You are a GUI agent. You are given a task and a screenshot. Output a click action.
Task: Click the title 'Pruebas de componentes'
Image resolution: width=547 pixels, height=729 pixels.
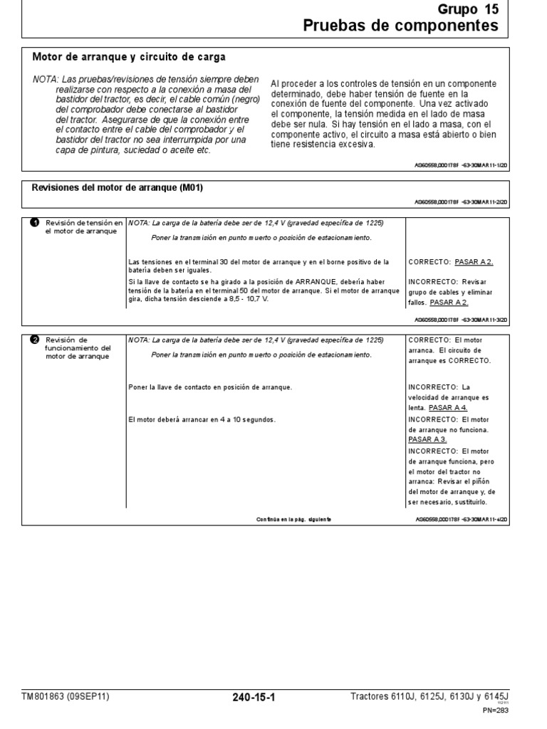[x=401, y=26]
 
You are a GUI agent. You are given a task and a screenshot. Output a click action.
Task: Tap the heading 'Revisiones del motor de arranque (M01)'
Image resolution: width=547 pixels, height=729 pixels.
[x=118, y=188]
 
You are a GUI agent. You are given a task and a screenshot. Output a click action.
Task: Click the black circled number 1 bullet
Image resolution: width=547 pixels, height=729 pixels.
[x=34, y=223]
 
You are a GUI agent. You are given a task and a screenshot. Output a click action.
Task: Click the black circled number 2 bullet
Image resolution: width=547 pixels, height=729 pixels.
[x=34, y=340]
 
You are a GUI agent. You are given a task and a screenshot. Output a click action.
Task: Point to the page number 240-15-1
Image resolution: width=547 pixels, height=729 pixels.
[x=254, y=698]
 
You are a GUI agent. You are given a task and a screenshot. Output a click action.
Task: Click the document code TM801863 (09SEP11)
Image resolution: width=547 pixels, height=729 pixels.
[x=66, y=696]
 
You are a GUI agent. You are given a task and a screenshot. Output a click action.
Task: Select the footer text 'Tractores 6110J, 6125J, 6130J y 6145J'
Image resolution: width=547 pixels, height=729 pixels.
[x=434, y=696]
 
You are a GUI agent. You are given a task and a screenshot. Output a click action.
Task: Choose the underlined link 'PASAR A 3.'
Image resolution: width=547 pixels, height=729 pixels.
[x=428, y=440]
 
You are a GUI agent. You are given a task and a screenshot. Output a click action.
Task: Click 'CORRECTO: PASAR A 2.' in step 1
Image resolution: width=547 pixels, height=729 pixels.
[x=451, y=262]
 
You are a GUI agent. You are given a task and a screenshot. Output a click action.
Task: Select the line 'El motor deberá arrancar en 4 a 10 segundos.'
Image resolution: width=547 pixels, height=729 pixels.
[x=202, y=419]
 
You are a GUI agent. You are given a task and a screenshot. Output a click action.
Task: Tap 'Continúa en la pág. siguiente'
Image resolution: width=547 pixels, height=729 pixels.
[x=293, y=520]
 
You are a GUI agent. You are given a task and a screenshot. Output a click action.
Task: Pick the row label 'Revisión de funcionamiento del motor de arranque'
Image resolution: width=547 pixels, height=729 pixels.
[x=76, y=348]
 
